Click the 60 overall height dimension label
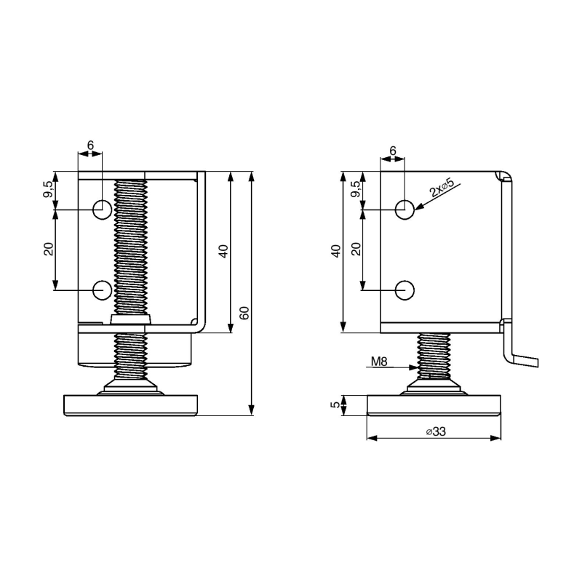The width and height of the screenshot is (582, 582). [x=244, y=313]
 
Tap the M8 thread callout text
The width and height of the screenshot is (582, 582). [x=379, y=361]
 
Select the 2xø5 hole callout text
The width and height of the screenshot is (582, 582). [x=442, y=188]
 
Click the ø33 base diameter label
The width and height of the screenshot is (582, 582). [x=436, y=431]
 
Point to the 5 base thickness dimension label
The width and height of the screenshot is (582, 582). [x=335, y=405]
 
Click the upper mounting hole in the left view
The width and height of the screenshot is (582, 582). [x=102, y=210]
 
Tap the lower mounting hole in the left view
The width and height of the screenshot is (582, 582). [x=102, y=290]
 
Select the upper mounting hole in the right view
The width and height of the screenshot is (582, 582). [x=404, y=210]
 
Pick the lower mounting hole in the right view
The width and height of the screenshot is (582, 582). [x=404, y=290]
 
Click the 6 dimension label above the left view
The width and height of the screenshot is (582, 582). [x=90, y=145]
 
